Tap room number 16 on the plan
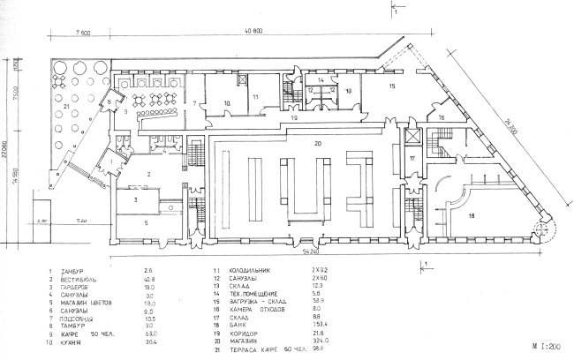click(x=442, y=117)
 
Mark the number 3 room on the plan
click(x=135, y=201)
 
